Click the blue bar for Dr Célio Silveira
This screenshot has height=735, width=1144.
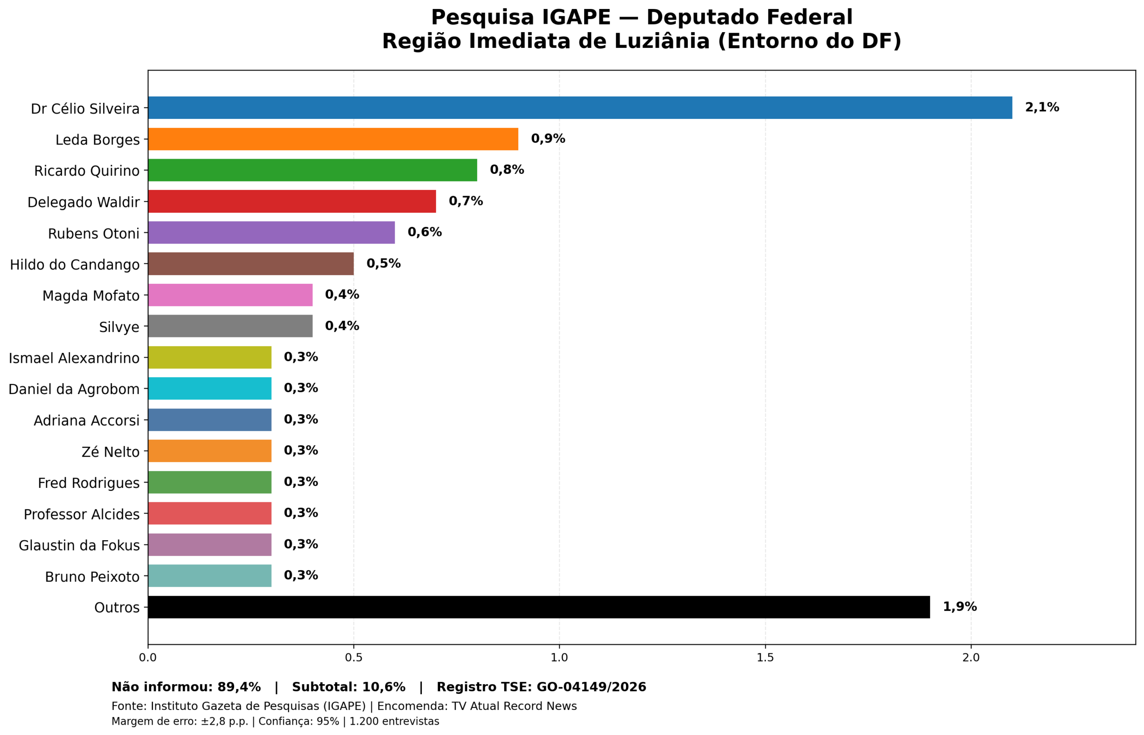580,108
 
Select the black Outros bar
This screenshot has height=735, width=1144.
538,607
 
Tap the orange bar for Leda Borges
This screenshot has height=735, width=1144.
332,139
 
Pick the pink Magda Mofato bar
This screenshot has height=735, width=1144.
230,295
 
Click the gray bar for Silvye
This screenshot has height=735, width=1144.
230,326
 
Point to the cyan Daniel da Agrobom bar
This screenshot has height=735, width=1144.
210,389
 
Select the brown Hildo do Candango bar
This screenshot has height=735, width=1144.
251,264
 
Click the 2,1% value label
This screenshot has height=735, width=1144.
1041,107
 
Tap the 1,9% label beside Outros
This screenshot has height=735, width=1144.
959,607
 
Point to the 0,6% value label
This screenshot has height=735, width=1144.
424,232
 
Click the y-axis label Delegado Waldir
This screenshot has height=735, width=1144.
84,202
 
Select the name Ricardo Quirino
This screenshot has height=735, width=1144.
87,171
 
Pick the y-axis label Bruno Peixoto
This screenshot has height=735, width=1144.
92,577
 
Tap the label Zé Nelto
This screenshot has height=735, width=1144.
110,452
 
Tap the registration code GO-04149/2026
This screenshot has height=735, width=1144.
591,687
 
